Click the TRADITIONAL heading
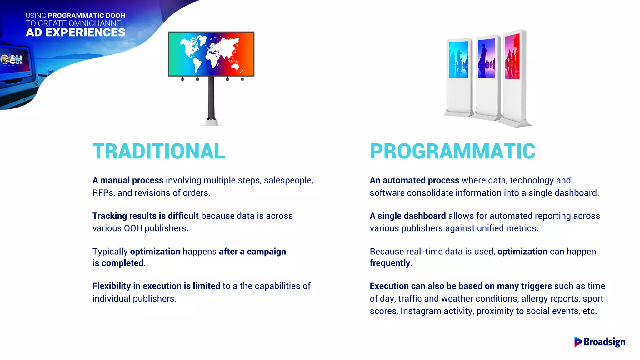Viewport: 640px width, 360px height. tap(159, 152)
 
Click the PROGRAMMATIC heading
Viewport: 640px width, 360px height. tap(452, 152)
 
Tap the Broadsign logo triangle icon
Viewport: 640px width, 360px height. tap(577, 342)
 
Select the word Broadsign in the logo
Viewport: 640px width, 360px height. tap(604, 342)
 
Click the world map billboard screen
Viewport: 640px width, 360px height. tap(211, 54)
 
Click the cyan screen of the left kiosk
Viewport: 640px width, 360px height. tap(458, 60)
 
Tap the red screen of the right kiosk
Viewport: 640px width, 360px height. tap(512, 57)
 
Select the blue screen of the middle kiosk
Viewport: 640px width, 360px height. tap(487, 58)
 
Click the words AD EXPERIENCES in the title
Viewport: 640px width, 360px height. tap(75, 32)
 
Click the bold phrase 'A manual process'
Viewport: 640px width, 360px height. tap(128, 180)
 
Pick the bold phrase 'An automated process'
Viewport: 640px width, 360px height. tap(414, 180)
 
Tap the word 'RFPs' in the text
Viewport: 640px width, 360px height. tap(102, 193)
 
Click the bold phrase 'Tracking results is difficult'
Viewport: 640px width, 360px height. tap(145, 216)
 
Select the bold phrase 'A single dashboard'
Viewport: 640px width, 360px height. tap(408, 216)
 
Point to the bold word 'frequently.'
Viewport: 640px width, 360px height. tap(391, 263)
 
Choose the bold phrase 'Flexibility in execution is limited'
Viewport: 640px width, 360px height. tap(156, 286)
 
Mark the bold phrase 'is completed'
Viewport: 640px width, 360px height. tap(118, 263)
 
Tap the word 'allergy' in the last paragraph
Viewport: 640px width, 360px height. tap(534, 299)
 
